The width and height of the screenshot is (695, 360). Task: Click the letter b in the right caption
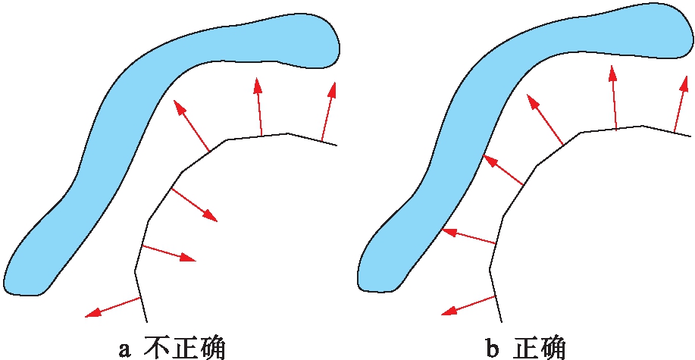pos(493,348)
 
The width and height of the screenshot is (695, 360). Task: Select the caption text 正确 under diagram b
pos(539,347)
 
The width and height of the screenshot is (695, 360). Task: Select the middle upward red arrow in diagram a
pos(258,107)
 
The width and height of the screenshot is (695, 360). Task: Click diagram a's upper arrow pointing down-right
pos(195,205)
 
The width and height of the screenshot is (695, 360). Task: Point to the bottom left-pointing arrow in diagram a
pos(114,306)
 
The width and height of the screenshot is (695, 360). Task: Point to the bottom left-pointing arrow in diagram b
pos(470,304)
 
